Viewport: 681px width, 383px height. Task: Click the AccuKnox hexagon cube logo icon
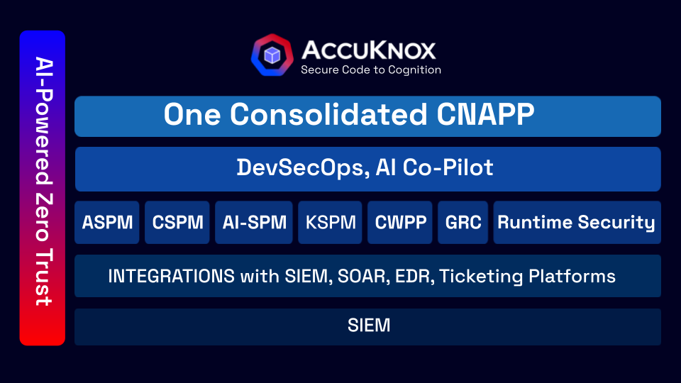[x=272, y=55]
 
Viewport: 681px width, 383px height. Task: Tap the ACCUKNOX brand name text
[x=369, y=50]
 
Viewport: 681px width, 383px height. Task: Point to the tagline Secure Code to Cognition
[x=371, y=70]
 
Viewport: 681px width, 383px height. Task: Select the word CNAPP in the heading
[x=490, y=115]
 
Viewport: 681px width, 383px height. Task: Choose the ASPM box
[x=107, y=222]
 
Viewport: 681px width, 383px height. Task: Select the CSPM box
[x=177, y=222]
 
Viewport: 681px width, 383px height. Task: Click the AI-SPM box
[x=254, y=222]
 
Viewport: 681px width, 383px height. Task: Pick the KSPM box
[x=330, y=222]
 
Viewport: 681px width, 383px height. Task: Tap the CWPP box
[x=400, y=222]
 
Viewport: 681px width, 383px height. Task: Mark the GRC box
[x=463, y=222]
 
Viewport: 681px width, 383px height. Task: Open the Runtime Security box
[x=576, y=222]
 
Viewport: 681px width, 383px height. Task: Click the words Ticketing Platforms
[x=527, y=276]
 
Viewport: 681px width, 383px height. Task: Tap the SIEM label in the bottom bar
[x=369, y=326]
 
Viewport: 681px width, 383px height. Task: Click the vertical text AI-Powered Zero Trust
[x=43, y=188]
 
